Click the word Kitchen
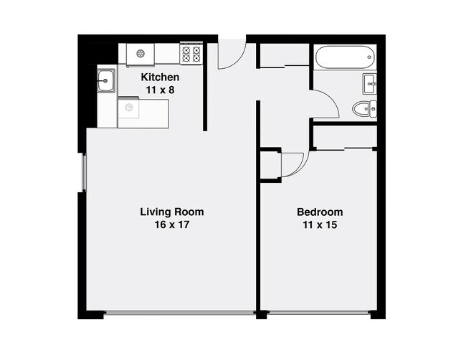pyautogui.click(x=160, y=77)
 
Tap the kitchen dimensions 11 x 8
pyautogui.click(x=160, y=90)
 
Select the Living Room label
pyautogui.click(x=171, y=212)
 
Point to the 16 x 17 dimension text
pyautogui.click(x=171, y=225)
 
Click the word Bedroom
pyautogui.click(x=320, y=212)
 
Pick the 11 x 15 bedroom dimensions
pyautogui.click(x=320, y=225)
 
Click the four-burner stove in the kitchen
pyautogui.click(x=191, y=53)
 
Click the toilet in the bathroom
pyautogui.click(x=361, y=109)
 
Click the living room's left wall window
pyautogui.click(x=84, y=172)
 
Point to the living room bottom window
pyautogui.click(x=179, y=313)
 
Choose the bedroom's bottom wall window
pyautogui.click(x=319, y=313)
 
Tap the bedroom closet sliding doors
pyautogui.click(x=345, y=148)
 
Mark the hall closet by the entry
pyautogui.click(x=283, y=57)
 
